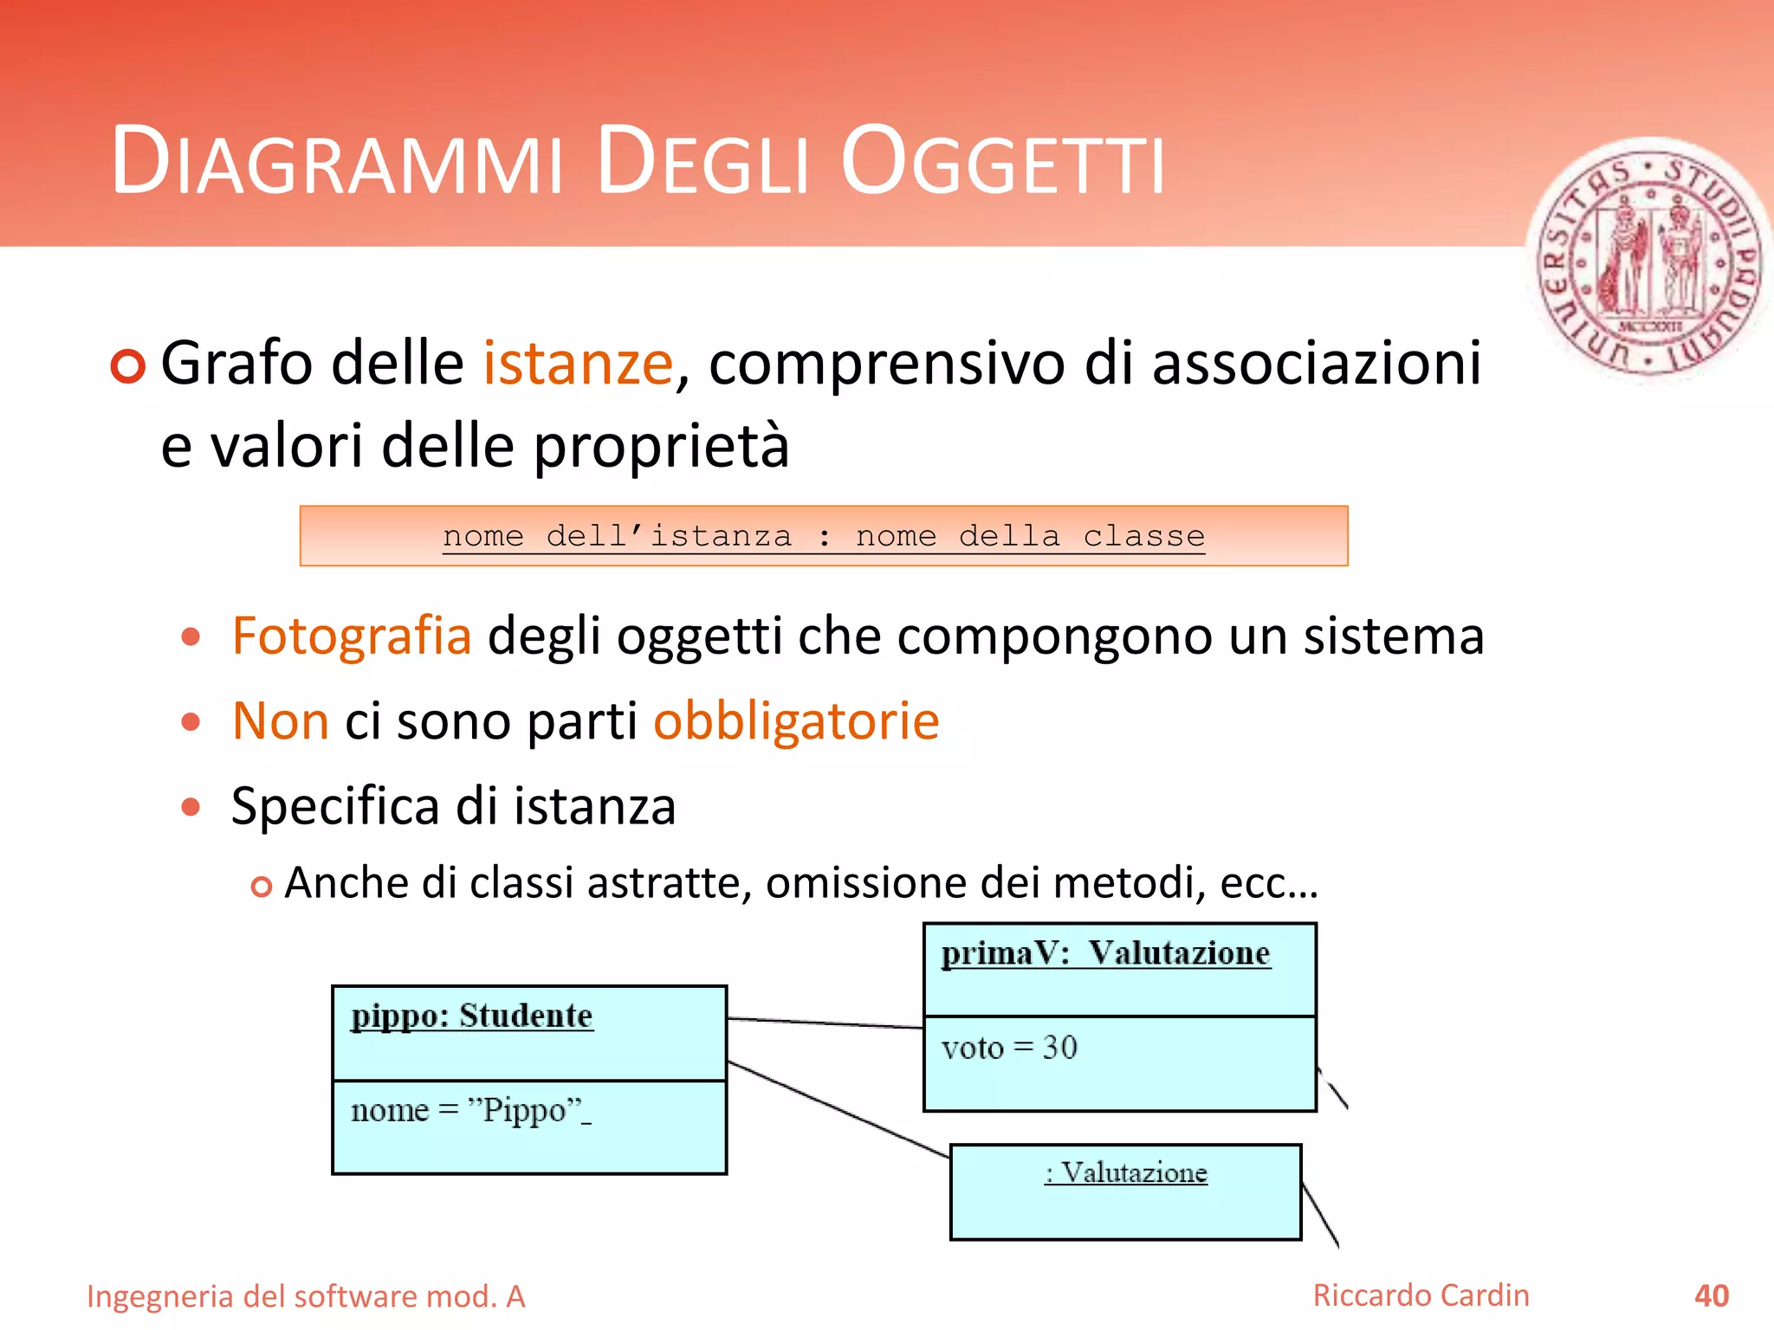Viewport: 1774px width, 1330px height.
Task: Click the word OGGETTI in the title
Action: click(1002, 162)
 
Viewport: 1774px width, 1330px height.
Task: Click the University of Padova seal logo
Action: click(1650, 260)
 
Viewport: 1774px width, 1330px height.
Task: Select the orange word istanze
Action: click(578, 363)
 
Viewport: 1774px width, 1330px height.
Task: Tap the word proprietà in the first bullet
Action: click(660, 446)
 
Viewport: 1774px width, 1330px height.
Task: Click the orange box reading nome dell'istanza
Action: click(823, 536)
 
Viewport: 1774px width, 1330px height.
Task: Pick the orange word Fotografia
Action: click(352, 636)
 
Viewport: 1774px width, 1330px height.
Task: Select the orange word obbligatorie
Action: click(795, 720)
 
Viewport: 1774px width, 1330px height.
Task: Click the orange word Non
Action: click(281, 720)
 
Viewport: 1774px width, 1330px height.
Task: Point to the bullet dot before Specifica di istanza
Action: click(191, 807)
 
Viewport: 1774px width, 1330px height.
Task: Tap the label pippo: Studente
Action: click(472, 1016)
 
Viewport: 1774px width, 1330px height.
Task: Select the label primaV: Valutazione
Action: click(1105, 953)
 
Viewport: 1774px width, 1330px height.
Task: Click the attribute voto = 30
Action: click(1009, 1048)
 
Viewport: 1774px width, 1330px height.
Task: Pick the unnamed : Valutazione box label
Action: click(1125, 1172)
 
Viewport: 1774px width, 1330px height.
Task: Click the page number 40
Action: click(1711, 1296)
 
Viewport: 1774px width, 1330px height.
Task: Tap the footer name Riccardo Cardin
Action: click(1421, 1295)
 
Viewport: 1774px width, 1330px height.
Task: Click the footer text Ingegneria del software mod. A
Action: click(306, 1297)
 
